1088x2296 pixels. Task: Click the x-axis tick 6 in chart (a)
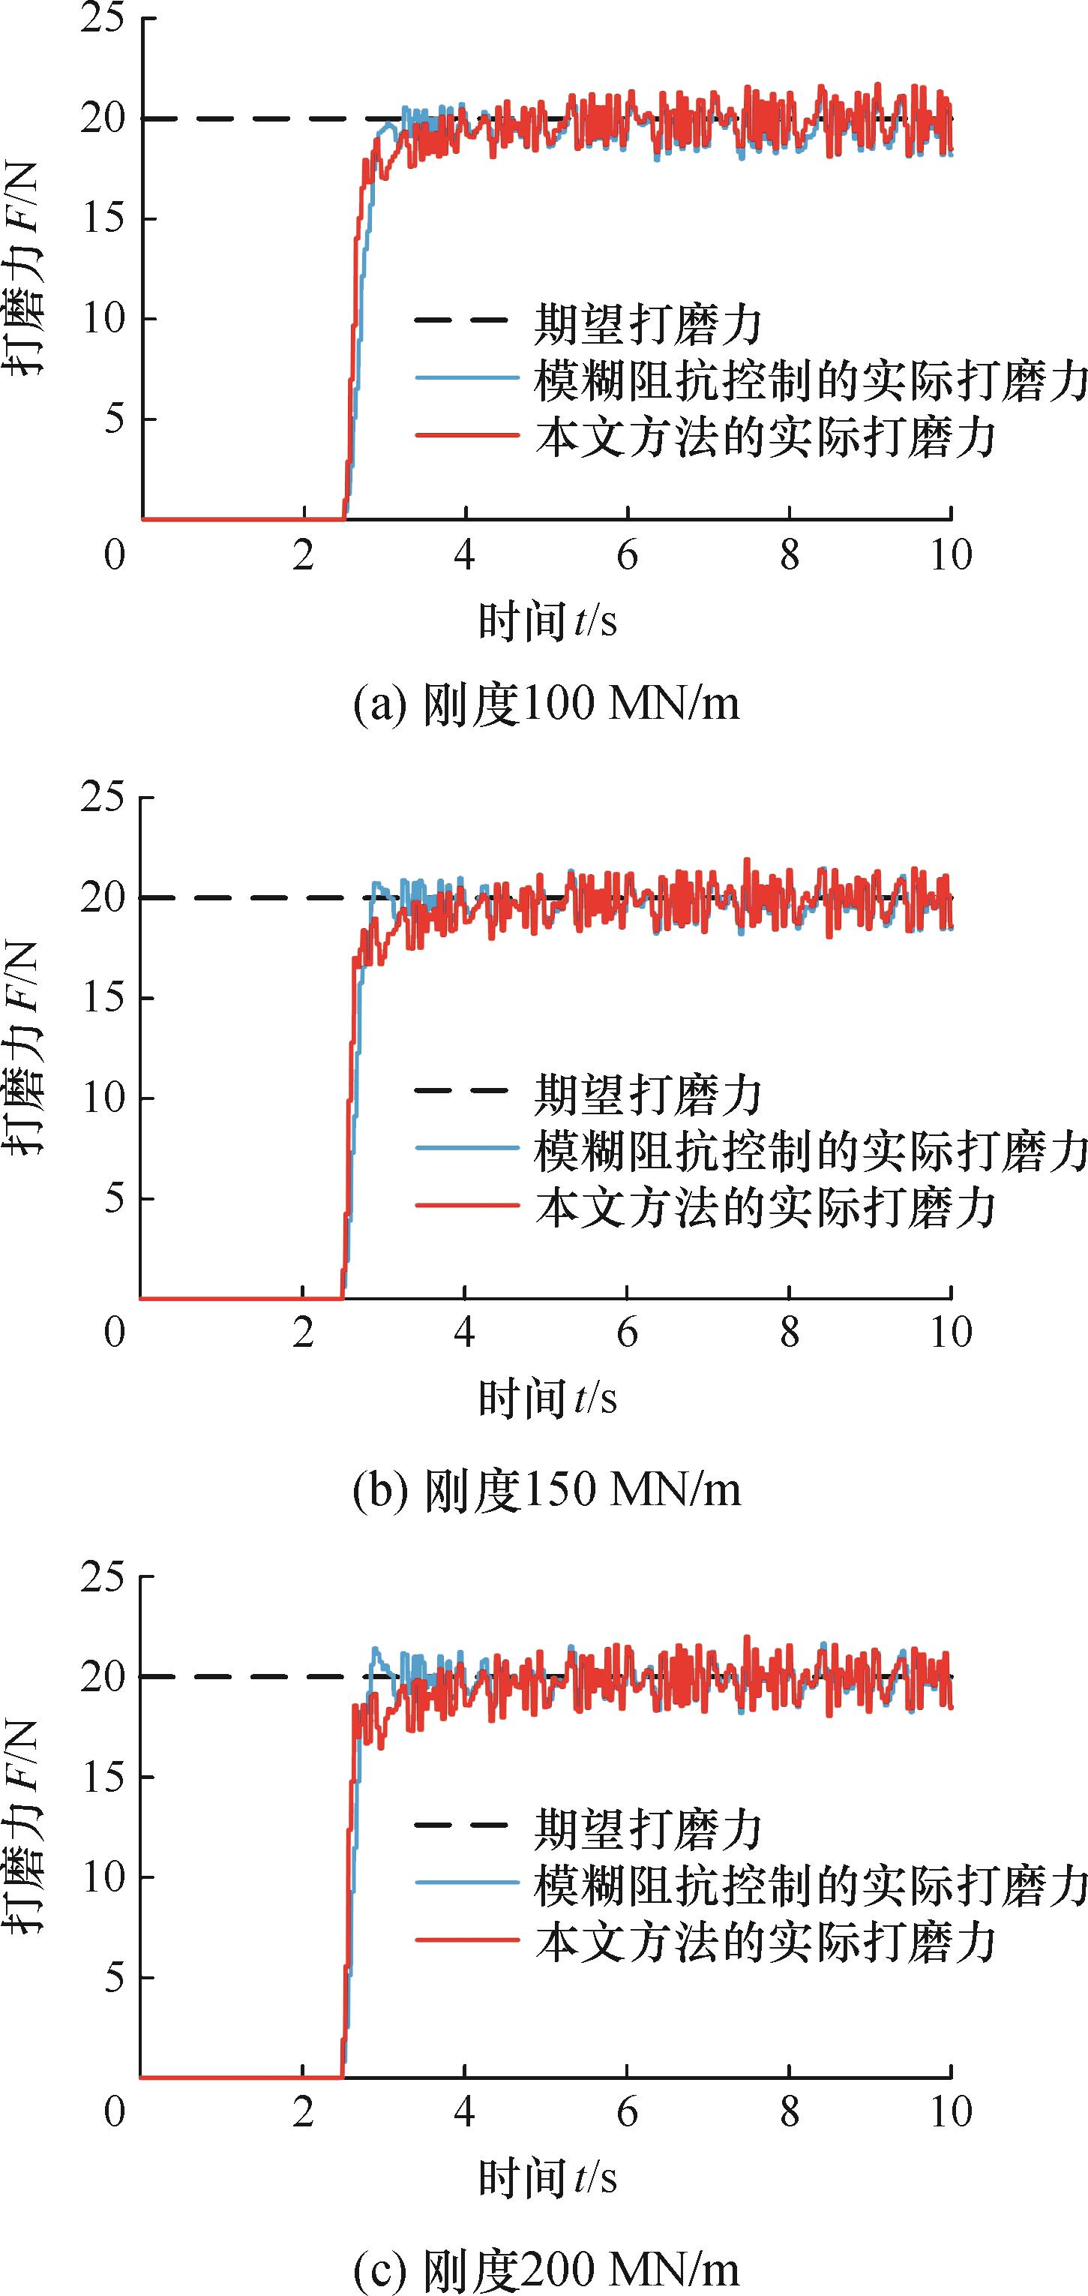pos(628,556)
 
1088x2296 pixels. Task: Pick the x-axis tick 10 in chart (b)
pos(951,1334)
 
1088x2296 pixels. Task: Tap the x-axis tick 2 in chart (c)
pos(304,2112)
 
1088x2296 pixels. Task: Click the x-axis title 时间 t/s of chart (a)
pos(547,621)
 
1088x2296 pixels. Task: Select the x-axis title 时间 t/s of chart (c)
pos(547,2177)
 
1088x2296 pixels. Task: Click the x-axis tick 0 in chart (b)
pos(115,1334)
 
